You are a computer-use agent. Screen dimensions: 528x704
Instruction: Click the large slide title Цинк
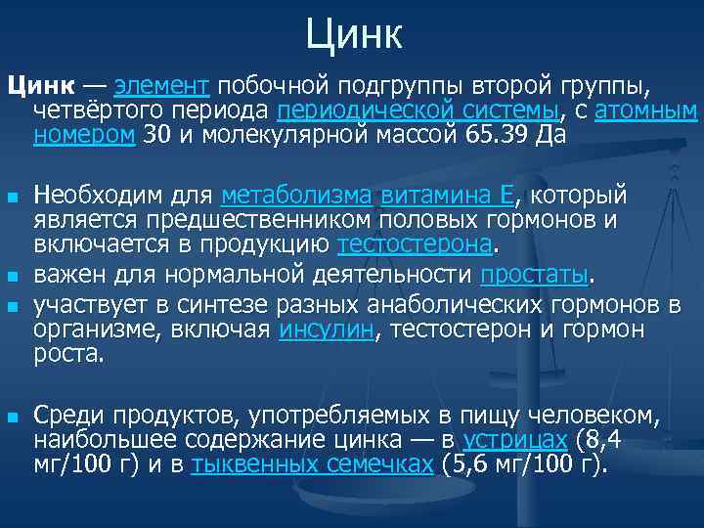(353, 35)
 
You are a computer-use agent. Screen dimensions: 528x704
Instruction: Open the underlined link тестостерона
(417, 242)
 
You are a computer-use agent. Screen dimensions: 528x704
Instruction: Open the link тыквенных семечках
(313, 463)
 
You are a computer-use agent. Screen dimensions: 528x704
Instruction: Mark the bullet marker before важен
(12, 273)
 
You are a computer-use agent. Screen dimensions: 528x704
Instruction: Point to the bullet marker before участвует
(12, 307)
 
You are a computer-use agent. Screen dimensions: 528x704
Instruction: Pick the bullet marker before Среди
(12, 417)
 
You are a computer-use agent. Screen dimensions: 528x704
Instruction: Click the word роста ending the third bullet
(66, 354)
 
